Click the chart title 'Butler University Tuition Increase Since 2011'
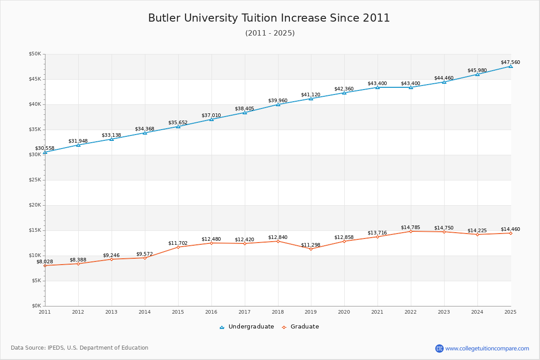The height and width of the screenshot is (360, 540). pos(269,18)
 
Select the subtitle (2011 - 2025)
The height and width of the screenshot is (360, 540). pos(270,33)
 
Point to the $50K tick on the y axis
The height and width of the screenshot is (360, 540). pos(35,54)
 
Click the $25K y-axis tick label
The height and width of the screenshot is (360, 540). pos(35,180)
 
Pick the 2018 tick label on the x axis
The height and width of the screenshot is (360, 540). pos(278,311)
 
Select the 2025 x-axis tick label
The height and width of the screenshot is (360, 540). pos(510,311)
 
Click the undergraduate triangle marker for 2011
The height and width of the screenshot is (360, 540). pos(45,152)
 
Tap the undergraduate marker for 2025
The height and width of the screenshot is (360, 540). pos(511,66)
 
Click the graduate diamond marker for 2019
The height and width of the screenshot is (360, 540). pos(311,249)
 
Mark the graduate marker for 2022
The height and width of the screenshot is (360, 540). pos(411,231)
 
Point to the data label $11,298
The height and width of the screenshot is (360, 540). pos(310,245)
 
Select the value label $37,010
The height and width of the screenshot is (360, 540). pos(211,115)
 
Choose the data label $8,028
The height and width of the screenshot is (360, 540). pos(45,261)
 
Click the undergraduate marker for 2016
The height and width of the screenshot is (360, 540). pos(211,119)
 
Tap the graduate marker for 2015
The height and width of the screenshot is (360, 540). pos(178,247)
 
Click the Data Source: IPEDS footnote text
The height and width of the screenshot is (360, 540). pos(80,348)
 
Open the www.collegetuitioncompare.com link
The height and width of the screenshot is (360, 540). pos(487,348)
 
